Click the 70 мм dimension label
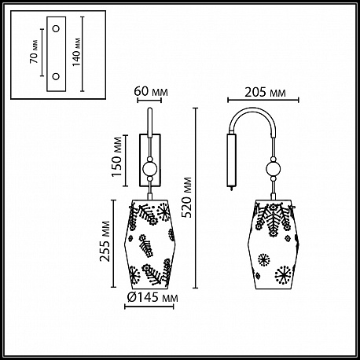(x=34, y=52)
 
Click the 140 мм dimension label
(x=76, y=52)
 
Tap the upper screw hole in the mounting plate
(x=56, y=28)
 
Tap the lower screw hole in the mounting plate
(x=56, y=76)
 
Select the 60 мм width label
(x=151, y=92)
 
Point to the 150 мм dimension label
(x=117, y=156)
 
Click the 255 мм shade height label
(x=105, y=241)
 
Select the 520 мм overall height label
(x=187, y=197)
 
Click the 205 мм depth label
(x=265, y=92)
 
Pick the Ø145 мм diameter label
(x=152, y=297)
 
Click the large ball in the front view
(x=149, y=168)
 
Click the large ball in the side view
(x=274, y=169)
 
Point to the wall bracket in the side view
(x=231, y=160)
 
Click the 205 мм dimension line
(x=263, y=100)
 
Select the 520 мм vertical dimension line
(x=195, y=198)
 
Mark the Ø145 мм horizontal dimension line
(x=149, y=307)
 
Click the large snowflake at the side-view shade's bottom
(x=283, y=275)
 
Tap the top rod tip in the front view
(x=150, y=108)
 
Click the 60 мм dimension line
(x=149, y=100)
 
